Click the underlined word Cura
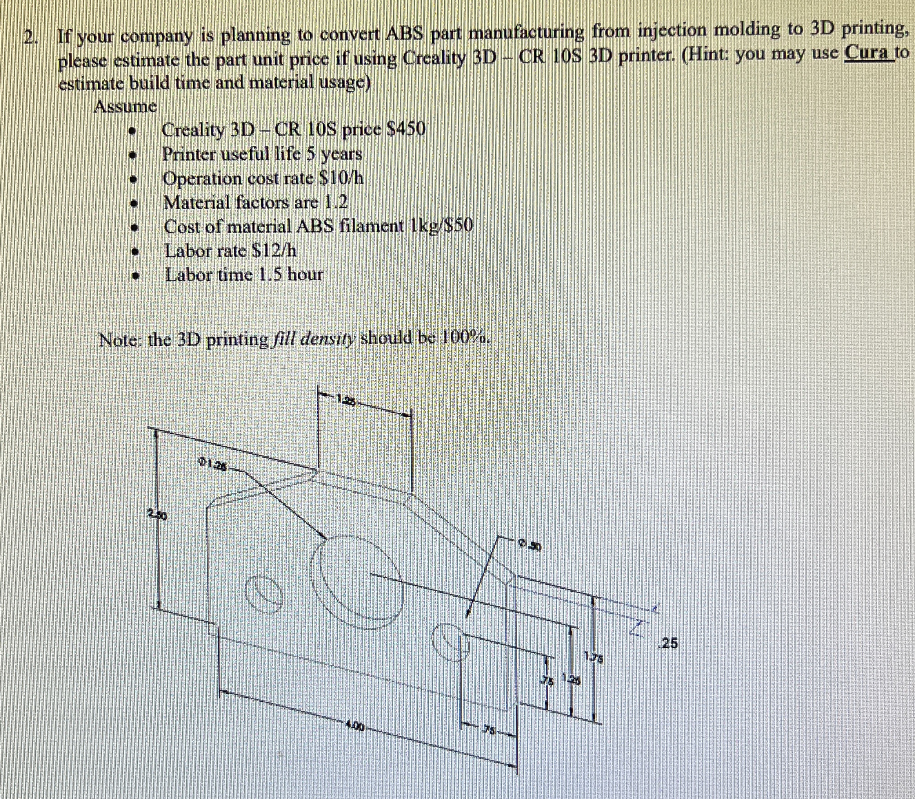869,53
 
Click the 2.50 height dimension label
158,516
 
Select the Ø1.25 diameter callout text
212,465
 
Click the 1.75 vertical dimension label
594,657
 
